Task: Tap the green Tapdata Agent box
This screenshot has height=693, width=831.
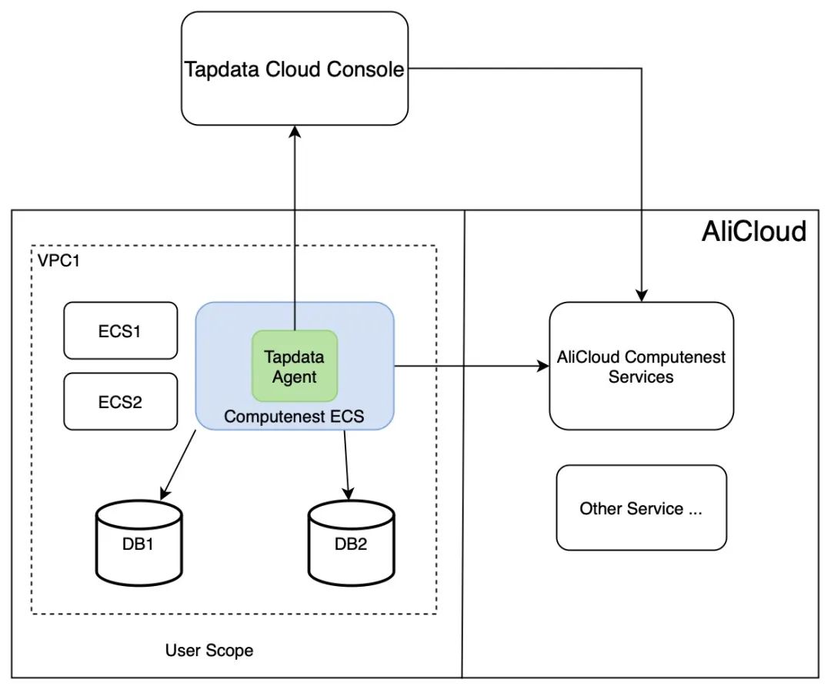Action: (295, 367)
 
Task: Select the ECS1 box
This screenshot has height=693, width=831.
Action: (120, 331)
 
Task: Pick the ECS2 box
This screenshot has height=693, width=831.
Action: (120, 401)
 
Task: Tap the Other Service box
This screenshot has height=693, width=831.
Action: (641, 508)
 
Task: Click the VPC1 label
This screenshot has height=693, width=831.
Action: (58, 259)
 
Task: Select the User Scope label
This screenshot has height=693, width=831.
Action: (209, 651)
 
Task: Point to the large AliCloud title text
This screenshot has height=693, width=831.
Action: (753, 231)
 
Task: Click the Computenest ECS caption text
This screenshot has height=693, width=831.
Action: (294, 417)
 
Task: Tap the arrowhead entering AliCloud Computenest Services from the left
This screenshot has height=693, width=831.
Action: (542, 367)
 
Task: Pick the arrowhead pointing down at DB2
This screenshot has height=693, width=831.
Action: (349, 493)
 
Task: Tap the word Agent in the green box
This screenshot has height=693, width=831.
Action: (295, 377)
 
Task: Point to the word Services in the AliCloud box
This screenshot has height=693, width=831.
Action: (641, 377)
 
